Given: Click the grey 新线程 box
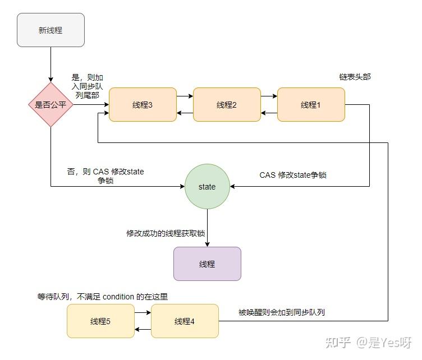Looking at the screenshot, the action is pyautogui.click(x=51, y=30).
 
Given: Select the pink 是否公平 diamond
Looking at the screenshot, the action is pyautogui.click(x=51, y=105).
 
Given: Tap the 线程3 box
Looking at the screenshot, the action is pyautogui.click(x=143, y=105).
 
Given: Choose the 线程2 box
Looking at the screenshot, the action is pyautogui.click(x=227, y=105).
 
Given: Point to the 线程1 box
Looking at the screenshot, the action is pyautogui.click(x=311, y=105).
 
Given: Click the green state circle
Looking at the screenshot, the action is pyautogui.click(x=207, y=187).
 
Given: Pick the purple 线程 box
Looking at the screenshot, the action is pyautogui.click(x=207, y=264).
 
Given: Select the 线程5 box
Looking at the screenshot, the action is pyautogui.click(x=100, y=321).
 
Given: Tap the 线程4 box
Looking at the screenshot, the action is pyautogui.click(x=185, y=321).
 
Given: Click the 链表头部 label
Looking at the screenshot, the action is pyautogui.click(x=355, y=77).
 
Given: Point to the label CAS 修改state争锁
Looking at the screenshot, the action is pyautogui.click(x=293, y=175).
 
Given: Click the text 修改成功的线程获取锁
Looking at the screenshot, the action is pyautogui.click(x=166, y=233).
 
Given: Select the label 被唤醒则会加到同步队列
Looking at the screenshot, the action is pyautogui.click(x=282, y=312).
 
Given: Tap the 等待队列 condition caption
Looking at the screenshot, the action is pyautogui.click(x=103, y=297).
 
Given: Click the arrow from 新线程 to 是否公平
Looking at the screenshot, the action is pyautogui.click(x=51, y=64).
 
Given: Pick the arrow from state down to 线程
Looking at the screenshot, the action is pyautogui.click(x=207, y=228).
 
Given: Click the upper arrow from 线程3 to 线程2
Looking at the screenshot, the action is pyautogui.click(x=185, y=96).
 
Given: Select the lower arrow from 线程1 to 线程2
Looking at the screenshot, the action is pyautogui.click(x=269, y=113).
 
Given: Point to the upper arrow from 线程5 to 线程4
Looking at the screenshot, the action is pyautogui.click(x=143, y=312).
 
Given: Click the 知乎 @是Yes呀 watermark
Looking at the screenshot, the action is pyautogui.click(x=369, y=343).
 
